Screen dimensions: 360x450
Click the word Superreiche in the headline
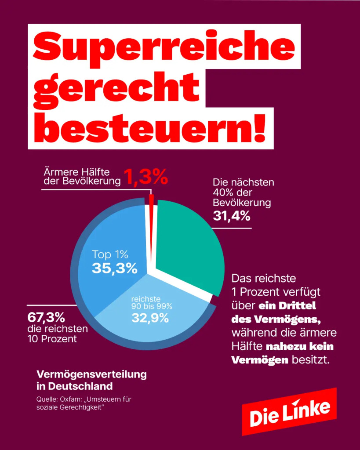coord(164,46)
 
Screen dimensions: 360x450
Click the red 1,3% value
coord(146,177)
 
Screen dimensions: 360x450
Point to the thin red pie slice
coord(151,227)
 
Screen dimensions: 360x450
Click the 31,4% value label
coord(232,216)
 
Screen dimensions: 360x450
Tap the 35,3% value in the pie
coord(115,269)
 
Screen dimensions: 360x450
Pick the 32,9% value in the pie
coord(150,318)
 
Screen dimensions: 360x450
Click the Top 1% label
coord(110,254)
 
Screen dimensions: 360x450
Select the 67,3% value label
coord(46,318)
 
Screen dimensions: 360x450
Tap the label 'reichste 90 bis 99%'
coord(152,303)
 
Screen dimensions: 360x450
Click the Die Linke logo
coord(289,411)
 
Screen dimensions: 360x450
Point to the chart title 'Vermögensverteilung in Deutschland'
coord(91,380)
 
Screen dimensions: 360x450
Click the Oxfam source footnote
coord(84,403)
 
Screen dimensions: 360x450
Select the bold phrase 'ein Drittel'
coord(287,306)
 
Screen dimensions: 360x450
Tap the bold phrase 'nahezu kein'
coord(300,346)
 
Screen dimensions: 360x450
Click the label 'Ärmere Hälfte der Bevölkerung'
coord(82,177)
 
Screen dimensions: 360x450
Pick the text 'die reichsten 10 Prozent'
coord(58,334)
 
